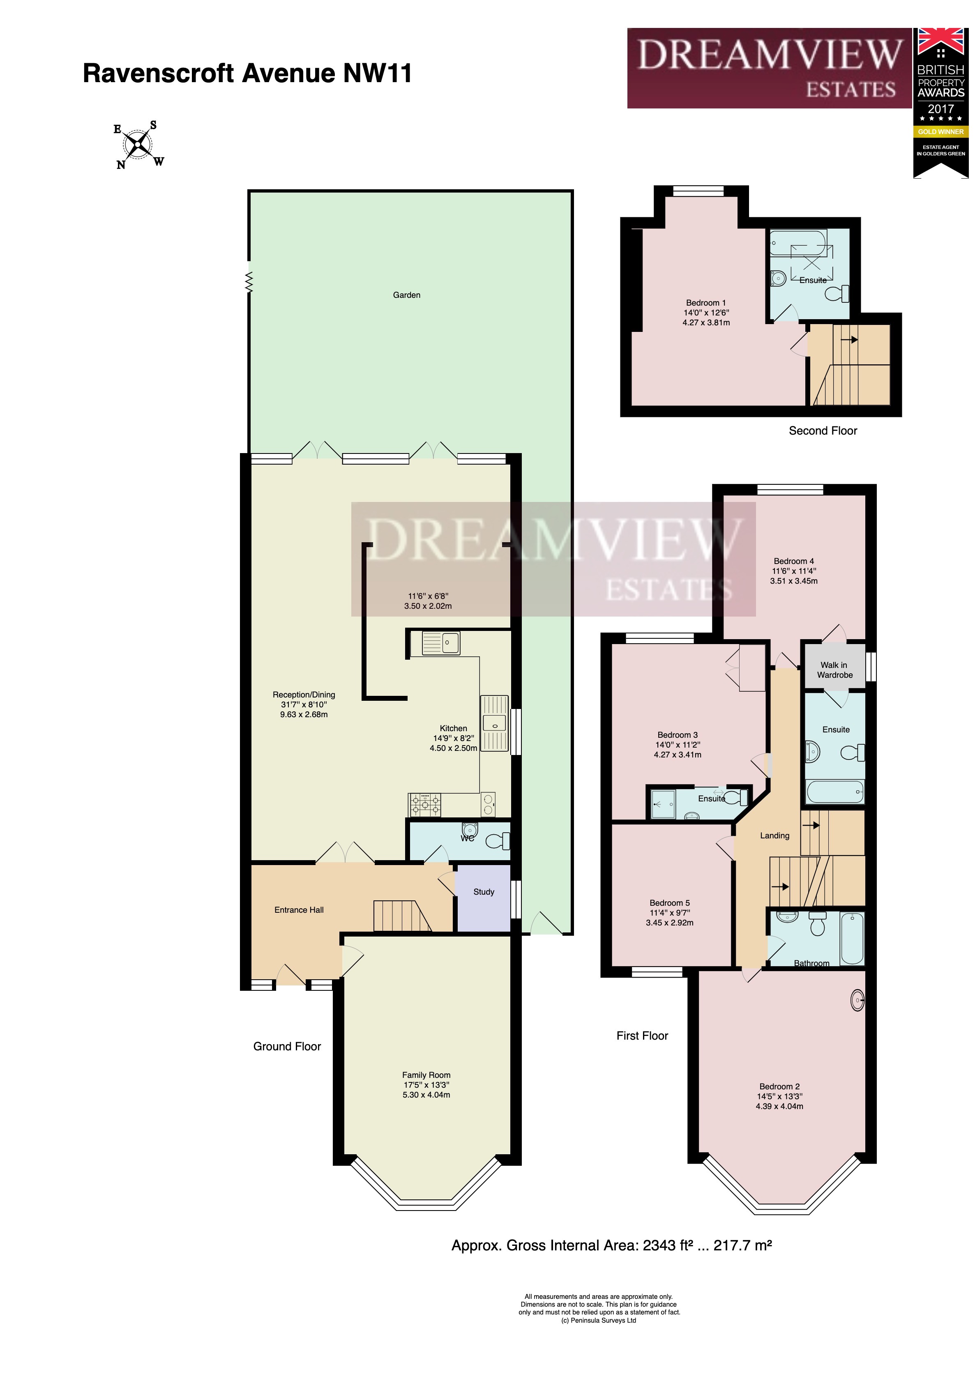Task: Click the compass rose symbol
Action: click(139, 144)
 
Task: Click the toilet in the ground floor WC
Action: click(497, 840)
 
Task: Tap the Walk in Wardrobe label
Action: click(834, 670)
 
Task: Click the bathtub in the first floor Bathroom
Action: click(851, 938)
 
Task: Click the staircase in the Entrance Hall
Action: click(401, 916)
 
